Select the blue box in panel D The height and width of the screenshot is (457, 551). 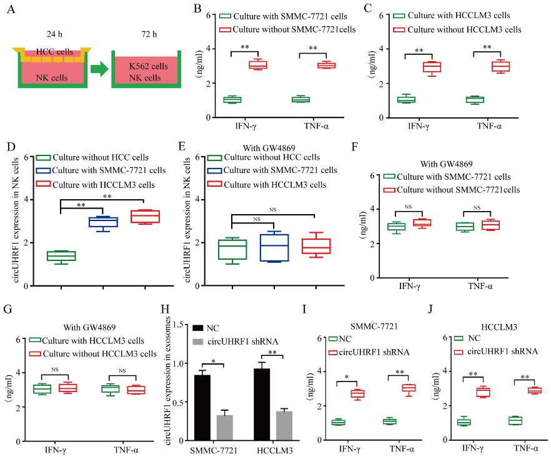(x=103, y=222)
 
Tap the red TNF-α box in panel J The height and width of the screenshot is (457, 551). (x=534, y=391)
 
